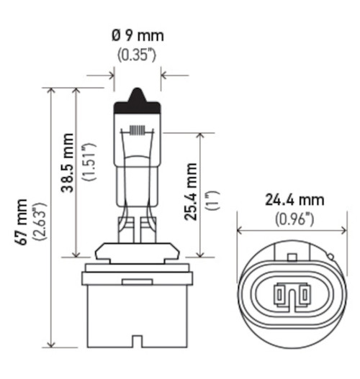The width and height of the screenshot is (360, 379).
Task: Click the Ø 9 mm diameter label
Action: click(137, 34)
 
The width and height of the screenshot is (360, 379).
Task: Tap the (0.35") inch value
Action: click(137, 54)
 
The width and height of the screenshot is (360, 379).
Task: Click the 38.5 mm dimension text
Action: click(68, 163)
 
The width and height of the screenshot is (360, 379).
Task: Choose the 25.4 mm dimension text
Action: click(192, 193)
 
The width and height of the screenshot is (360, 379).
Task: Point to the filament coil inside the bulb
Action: click(137, 132)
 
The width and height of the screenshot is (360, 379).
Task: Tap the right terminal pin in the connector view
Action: click(303, 293)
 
